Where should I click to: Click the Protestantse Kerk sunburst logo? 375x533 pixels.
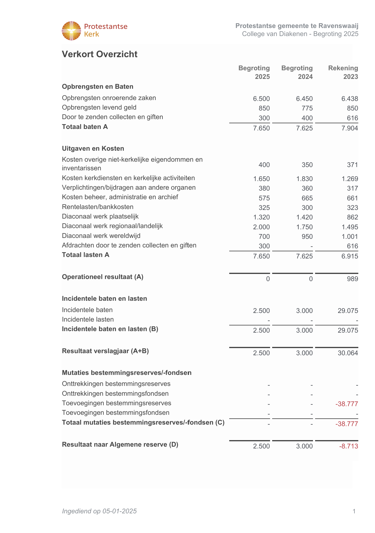click(x=71, y=31)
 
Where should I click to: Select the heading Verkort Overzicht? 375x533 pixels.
click(x=100, y=54)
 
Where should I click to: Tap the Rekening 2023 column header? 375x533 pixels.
click(x=343, y=72)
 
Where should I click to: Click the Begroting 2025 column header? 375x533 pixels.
click(x=254, y=72)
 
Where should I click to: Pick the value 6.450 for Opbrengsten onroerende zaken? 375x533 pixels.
click(x=304, y=99)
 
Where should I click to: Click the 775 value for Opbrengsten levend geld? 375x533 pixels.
click(x=307, y=108)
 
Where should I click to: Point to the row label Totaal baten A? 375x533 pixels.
click(x=85, y=127)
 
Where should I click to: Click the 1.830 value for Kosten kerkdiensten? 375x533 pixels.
click(x=304, y=179)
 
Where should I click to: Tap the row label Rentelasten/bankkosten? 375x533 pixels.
click(x=98, y=207)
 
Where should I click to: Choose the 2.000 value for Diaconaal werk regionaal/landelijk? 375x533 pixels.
click(x=261, y=227)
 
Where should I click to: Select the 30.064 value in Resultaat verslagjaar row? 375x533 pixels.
click(x=348, y=353)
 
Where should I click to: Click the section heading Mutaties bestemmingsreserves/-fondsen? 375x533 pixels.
click(x=127, y=373)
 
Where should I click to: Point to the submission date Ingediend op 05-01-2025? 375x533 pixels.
click(x=99, y=511)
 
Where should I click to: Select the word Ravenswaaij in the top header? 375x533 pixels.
click(x=338, y=26)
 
